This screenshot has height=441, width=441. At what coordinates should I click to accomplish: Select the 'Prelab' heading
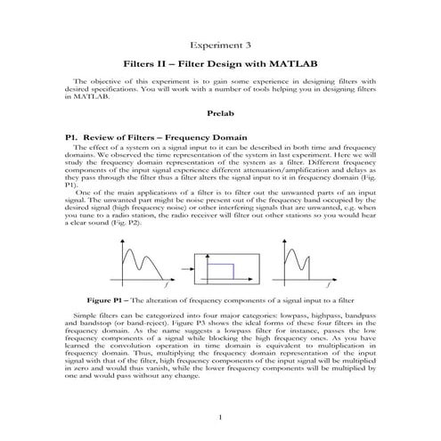pyautogui.click(x=220, y=115)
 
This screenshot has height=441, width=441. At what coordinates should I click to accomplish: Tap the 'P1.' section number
pyautogui.click(x=61, y=137)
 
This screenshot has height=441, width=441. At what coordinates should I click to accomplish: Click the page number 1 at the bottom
pyautogui.click(x=220, y=417)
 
